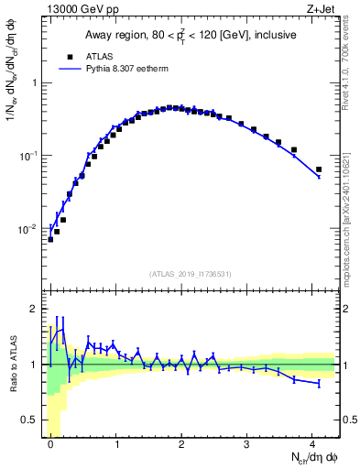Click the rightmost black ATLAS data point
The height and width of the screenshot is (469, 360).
[x=319, y=169]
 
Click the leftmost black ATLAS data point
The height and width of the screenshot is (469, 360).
[x=50, y=239]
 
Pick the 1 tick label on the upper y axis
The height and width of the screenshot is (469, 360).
[x=34, y=83]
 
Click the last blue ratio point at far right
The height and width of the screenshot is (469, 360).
[x=319, y=384]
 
